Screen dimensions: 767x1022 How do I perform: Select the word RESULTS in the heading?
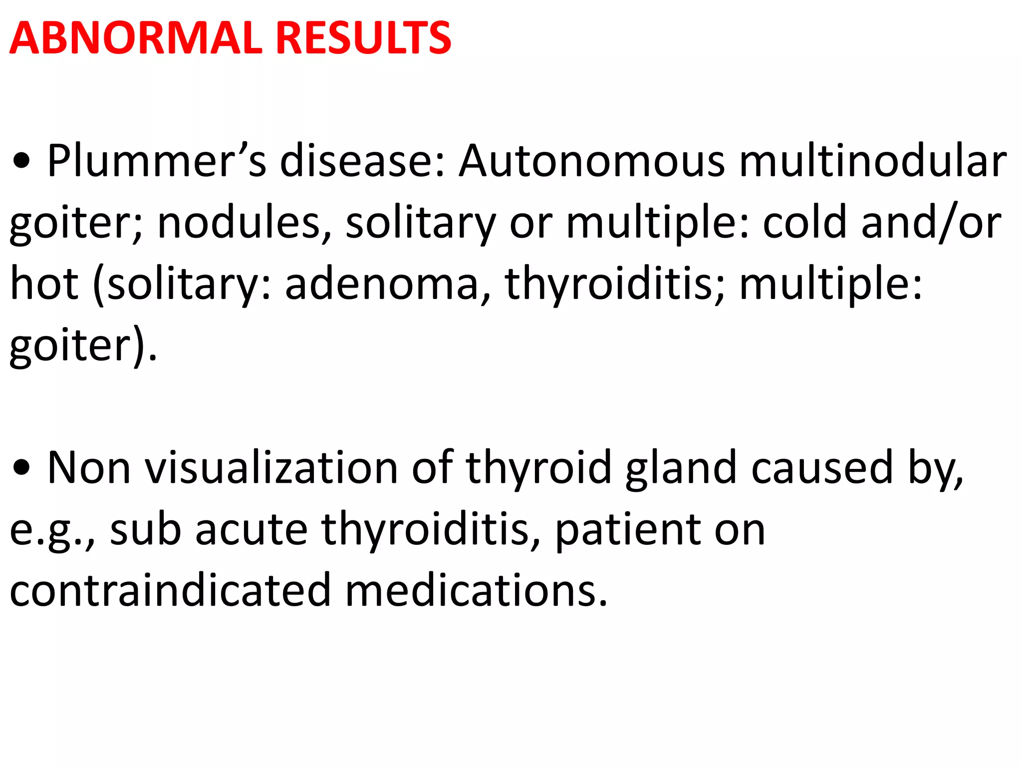point(363,38)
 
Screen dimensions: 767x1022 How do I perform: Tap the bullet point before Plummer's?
point(22,162)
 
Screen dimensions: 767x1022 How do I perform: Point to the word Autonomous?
point(592,161)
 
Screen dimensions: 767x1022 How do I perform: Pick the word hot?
point(44,284)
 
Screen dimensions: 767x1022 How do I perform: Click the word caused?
point(821,468)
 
